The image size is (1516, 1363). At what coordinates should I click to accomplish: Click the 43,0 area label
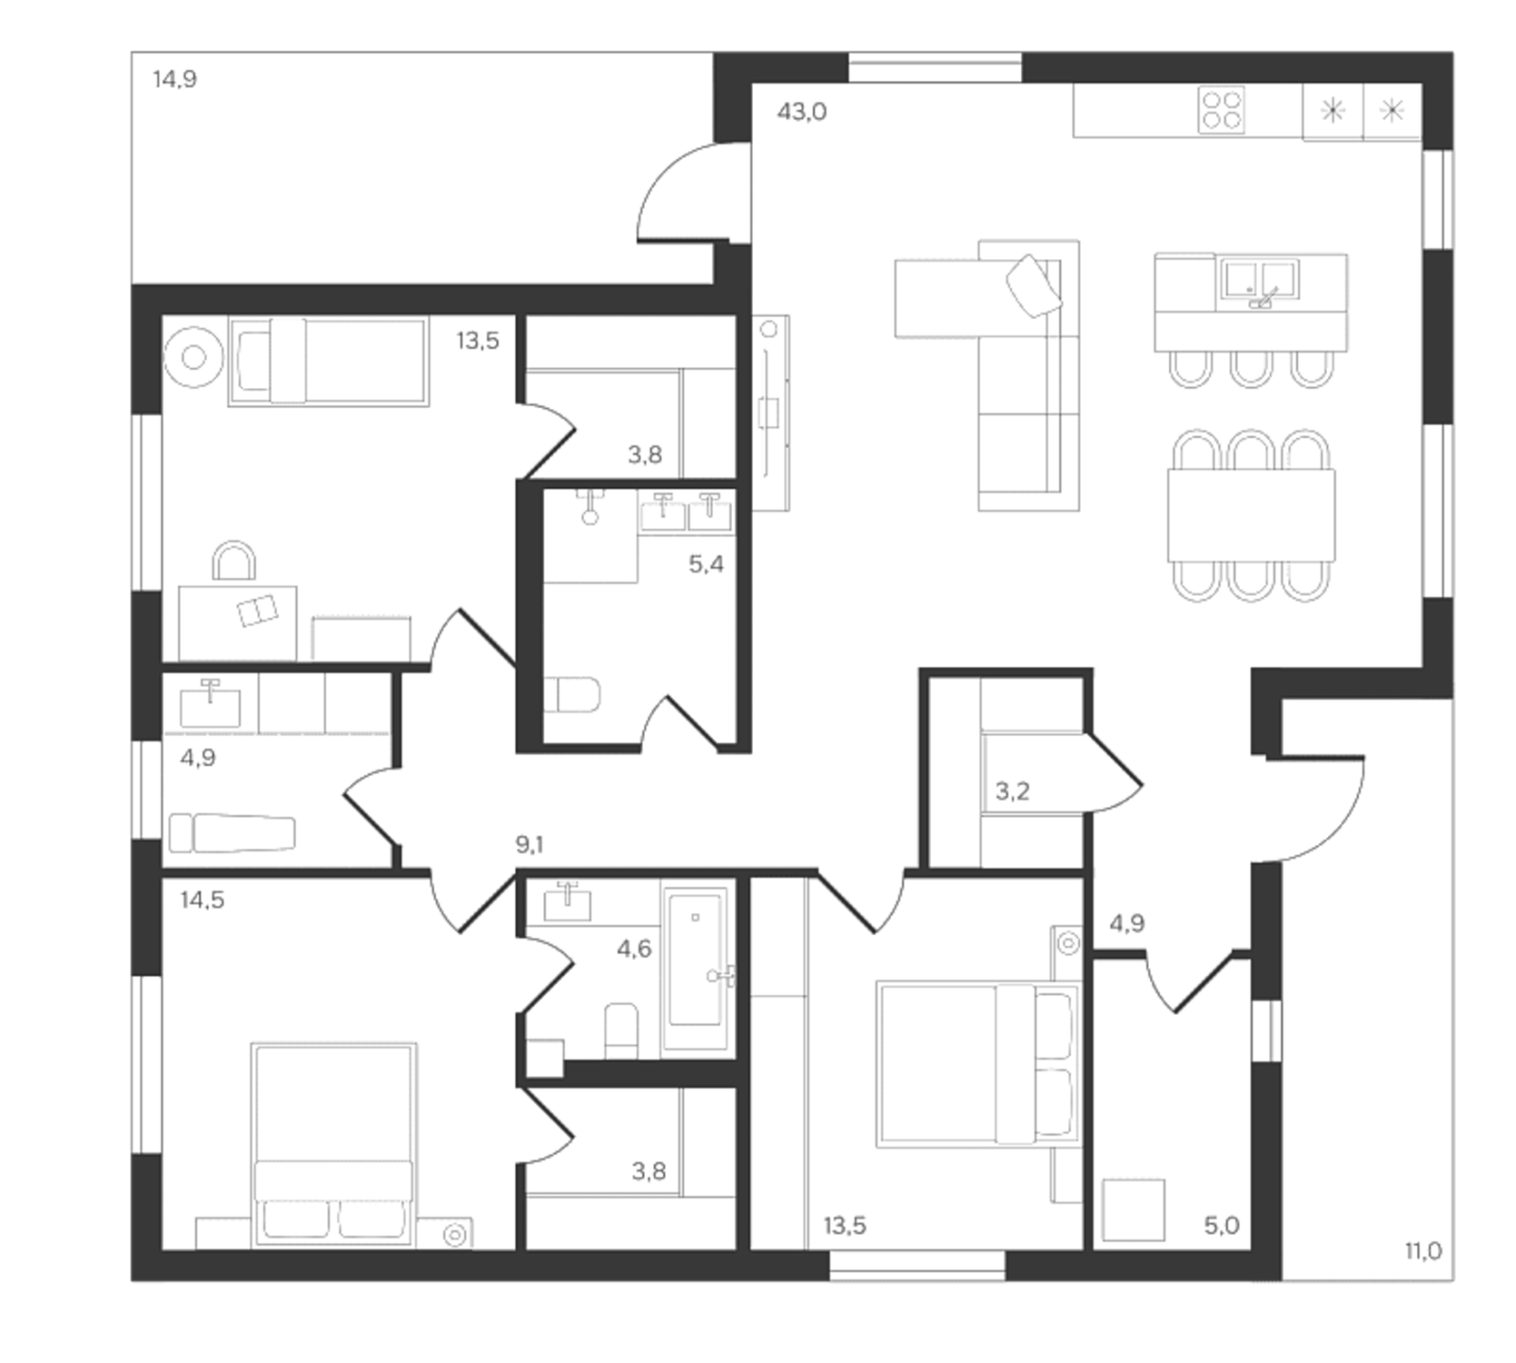[x=802, y=112]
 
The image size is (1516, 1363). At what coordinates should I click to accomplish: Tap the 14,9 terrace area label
[x=174, y=79]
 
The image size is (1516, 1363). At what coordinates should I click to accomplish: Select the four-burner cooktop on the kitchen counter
[x=1221, y=110]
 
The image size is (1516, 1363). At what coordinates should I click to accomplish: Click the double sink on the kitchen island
[x=1260, y=279]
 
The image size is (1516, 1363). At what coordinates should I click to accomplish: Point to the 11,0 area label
[x=1422, y=1251]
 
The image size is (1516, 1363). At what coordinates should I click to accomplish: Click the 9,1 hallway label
[x=530, y=845]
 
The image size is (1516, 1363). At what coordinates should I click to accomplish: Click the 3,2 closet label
[x=1012, y=791]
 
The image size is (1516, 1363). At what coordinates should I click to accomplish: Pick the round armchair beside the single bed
[x=193, y=357]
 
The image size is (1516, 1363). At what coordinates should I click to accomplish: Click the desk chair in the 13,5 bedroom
[x=233, y=562]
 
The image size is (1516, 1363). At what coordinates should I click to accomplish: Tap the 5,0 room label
[x=1221, y=1226]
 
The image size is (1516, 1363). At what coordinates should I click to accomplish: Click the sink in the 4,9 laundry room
[x=210, y=706]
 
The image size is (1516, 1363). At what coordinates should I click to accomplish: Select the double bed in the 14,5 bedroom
[x=333, y=1145]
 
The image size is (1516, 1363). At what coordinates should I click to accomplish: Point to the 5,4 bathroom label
[x=706, y=564]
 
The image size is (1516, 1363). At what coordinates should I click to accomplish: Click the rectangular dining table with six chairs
[x=1251, y=515]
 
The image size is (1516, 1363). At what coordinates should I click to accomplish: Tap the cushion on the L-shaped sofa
[x=1034, y=285]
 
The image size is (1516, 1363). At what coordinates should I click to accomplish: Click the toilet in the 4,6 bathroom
[x=621, y=1030]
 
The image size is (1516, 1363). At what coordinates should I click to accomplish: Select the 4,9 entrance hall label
[x=1126, y=924]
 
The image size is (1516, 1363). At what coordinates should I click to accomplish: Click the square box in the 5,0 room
[x=1133, y=1209]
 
